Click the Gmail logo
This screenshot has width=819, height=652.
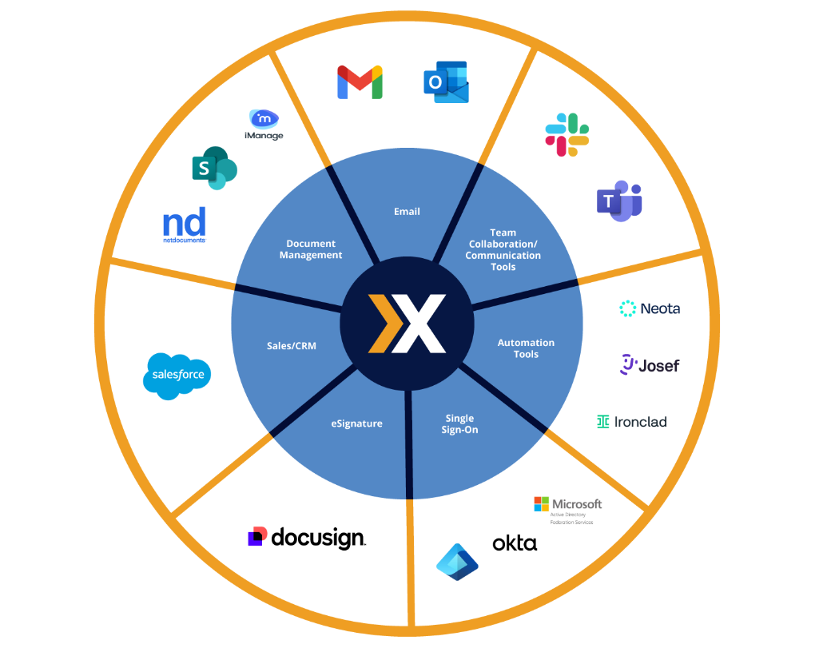(x=360, y=82)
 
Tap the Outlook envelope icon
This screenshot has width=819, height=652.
(x=446, y=82)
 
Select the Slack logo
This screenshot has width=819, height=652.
(x=567, y=134)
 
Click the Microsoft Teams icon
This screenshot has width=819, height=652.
(x=618, y=201)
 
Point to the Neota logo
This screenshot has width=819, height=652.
(x=650, y=308)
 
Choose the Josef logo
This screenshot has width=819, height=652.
(x=650, y=365)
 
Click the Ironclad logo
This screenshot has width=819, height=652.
(x=631, y=422)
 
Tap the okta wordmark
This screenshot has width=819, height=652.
(x=515, y=544)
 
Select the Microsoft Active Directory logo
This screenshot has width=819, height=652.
(x=567, y=509)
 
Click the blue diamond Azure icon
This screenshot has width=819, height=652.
(x=457, y=561)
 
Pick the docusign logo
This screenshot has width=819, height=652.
(x=307, y=538)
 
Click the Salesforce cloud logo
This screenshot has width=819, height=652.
(x=177, y=375)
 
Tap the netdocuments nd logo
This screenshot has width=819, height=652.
(x=185, y=225)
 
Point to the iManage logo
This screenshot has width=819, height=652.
(x=264, y=125)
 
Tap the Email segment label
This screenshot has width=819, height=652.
(x=407, y=212)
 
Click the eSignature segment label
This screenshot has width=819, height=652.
(x=356, y=423)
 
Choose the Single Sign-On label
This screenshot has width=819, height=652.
(x=459, y=424)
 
